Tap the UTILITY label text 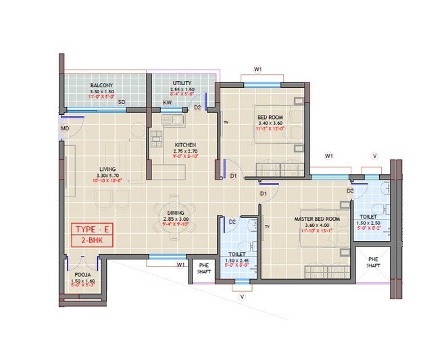pyautogui.click(x=182, y=83)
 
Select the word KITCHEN pyautogui.click(x=185, y=145)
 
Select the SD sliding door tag pyautogui.click(x=122, y=102)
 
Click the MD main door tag pyautogui.click(x=66, y=128)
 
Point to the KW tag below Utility pyautogui.click(x=166, y=103)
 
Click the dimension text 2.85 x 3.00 pyautogui.click(x=175, y=220)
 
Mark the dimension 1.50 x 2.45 pyautogui.click(x=237, y=260)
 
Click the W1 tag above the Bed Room pyautogui.click(x=257, y=69)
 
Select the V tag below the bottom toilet pyautogui.click(x=241, y=295)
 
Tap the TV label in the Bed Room pyautogui.click(x=227, y=122)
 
